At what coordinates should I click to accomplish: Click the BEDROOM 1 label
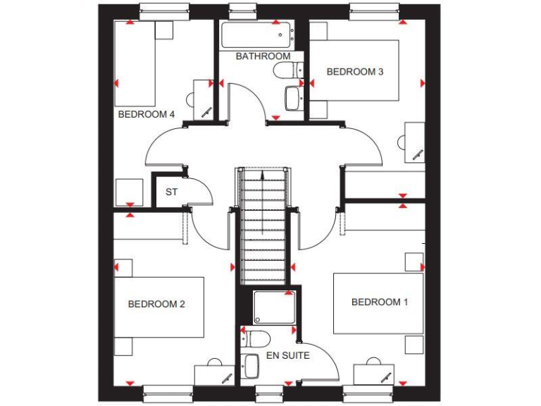(380, 302)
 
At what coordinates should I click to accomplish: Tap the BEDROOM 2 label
(156, 304)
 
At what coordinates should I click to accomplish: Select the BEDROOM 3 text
(354, 71)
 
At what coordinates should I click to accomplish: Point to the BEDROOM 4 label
(147, 114)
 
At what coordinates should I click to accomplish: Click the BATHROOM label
(263, 56)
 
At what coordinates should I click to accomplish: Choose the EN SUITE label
(287, 356)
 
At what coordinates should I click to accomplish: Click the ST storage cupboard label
(171, 192)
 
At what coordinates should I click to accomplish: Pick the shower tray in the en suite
(274, 307)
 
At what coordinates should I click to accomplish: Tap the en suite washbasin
(251, 365)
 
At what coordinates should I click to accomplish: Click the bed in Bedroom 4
(135, 63)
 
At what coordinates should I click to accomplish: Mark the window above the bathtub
(243, 8)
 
